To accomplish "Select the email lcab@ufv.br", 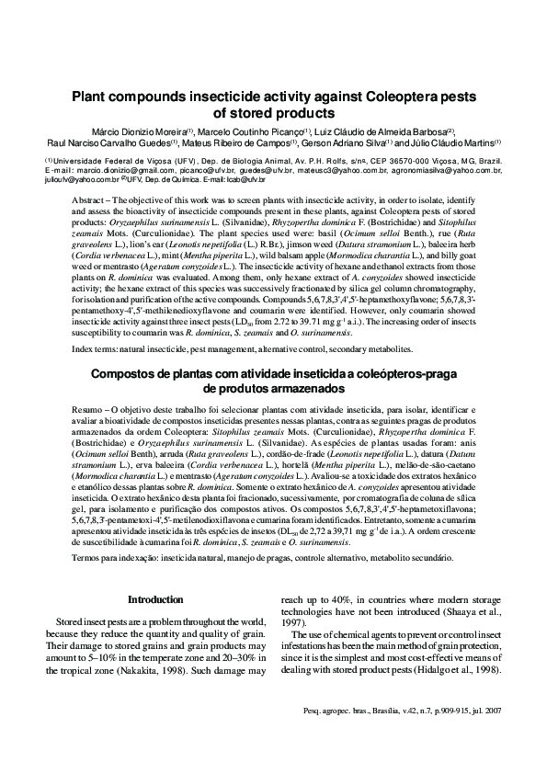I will point(213,179).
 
